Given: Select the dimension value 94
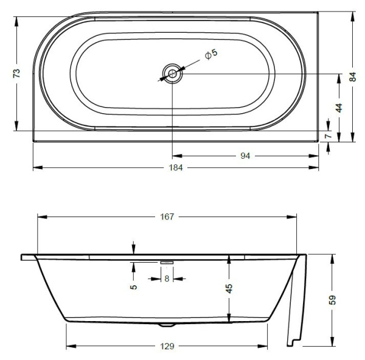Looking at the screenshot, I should pos(245,156).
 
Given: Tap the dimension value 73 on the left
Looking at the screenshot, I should pos(17,72).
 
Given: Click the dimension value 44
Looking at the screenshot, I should pos(339,108).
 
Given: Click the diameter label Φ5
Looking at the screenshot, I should pos(210,55).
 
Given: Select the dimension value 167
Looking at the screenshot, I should pos(167,216).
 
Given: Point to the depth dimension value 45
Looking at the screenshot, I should pos(229,288).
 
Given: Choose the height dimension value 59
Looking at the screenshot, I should pos(333,300).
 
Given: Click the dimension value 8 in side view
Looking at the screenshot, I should pos(167,279).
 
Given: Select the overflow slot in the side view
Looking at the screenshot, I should pos(167,263).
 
